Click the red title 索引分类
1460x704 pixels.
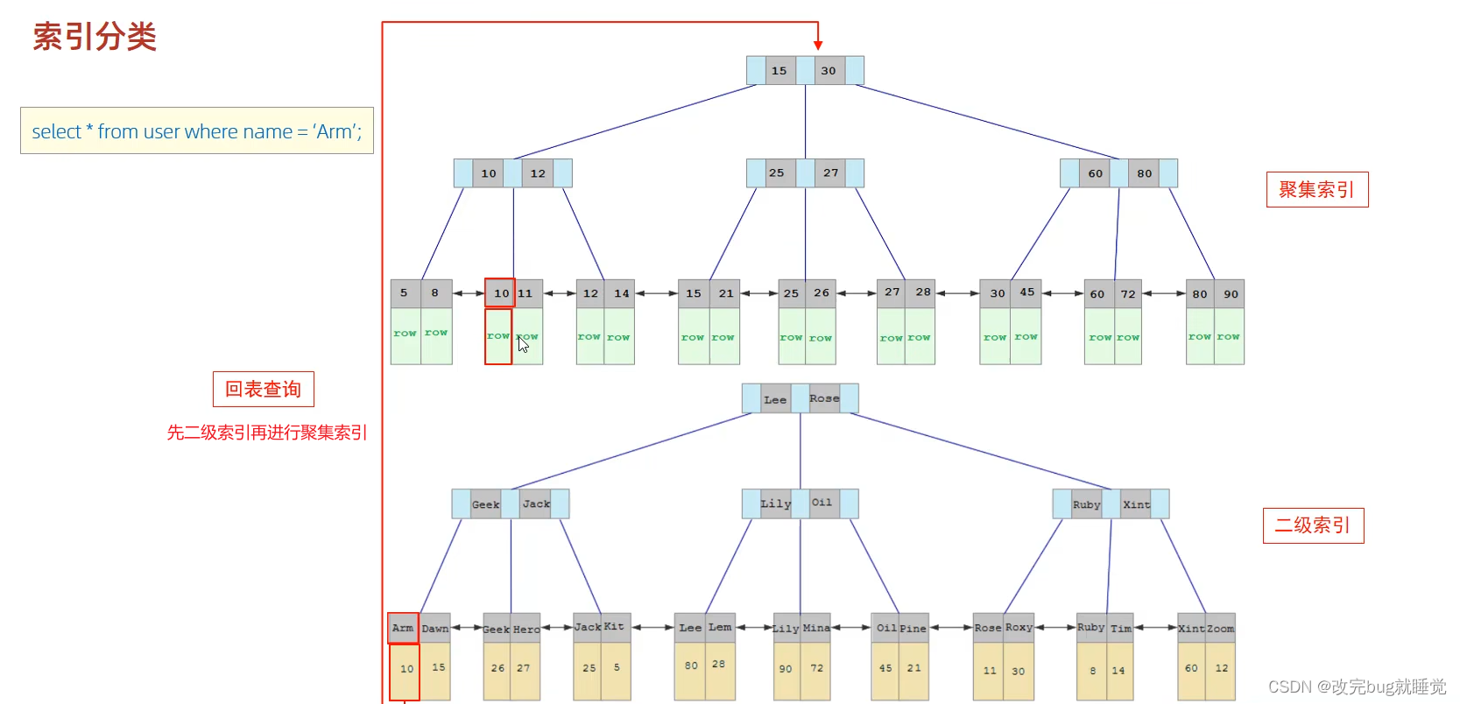(95, 37)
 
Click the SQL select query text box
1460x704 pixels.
(197, 131)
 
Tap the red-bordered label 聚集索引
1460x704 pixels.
(1316, 189)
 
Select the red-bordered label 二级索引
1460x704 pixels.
(1313, 525)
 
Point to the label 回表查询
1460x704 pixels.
(263, 390)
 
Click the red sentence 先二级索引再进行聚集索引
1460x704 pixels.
(267, 433)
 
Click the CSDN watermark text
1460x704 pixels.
(1357, 686)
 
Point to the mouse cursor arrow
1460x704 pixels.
(522, 343)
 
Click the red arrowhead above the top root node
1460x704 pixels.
(818, 45)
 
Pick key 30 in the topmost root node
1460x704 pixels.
(829, 71)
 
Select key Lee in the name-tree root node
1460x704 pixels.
(775, 399)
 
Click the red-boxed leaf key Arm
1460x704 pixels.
(403, 628)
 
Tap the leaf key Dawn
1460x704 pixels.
(435, 628)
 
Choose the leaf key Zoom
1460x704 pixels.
(1221, 628)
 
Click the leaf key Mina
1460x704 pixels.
(816, 628)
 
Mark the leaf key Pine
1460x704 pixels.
(913, 628)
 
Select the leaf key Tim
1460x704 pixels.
(1121, 628)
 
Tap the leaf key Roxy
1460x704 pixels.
(1019, 628)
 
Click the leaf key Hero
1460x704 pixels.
(526, 629)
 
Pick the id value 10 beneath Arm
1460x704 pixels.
(407, 669)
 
